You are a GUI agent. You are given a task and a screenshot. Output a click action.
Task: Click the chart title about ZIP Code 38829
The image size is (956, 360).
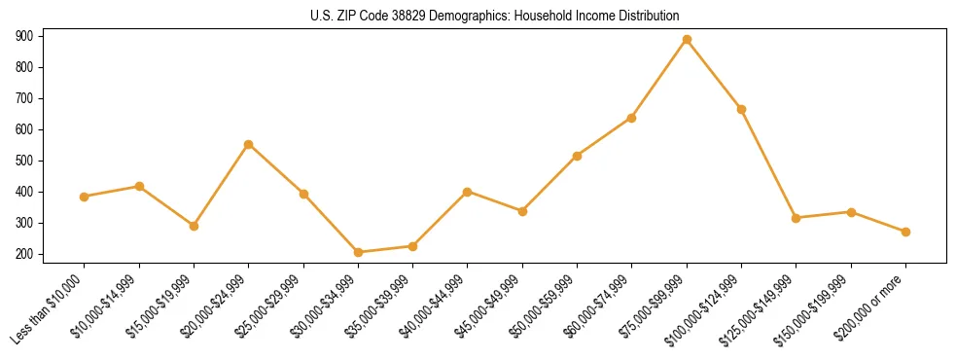(x=494, y=17)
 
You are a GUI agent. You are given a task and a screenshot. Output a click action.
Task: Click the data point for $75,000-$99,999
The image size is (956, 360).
(x=687, y=40)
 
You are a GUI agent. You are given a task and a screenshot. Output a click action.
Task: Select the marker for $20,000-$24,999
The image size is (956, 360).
(x=249, y=144)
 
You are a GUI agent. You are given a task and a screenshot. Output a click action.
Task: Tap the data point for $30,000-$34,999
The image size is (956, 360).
(x=358, y=252)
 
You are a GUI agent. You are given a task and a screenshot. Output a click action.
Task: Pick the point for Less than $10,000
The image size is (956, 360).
(x=85, y=197)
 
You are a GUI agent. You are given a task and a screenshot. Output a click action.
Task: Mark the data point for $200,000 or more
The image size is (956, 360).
(x=905, y=232)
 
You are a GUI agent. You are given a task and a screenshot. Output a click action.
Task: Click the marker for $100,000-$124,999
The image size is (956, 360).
(x=741, y=109)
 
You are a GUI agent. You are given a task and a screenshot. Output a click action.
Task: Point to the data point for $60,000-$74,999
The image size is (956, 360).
(x=632, y=118)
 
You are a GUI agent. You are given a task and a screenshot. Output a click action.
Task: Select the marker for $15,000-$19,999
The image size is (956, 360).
(x=194, y=226)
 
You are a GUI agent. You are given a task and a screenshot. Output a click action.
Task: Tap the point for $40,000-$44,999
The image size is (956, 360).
(x=468, y=192)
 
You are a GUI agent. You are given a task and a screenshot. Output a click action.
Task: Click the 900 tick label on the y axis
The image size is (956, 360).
(x=24, y=36)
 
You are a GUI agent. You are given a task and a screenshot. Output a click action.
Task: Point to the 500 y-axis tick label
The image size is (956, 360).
(x=24, y=161)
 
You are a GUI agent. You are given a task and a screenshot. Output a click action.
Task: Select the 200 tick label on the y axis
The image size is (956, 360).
(x=24, y=254)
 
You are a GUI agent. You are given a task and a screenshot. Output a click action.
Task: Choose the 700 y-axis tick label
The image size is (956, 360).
(x=24, y=98)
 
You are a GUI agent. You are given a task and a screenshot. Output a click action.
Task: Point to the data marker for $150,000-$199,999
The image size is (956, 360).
(x=851, y=212)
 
